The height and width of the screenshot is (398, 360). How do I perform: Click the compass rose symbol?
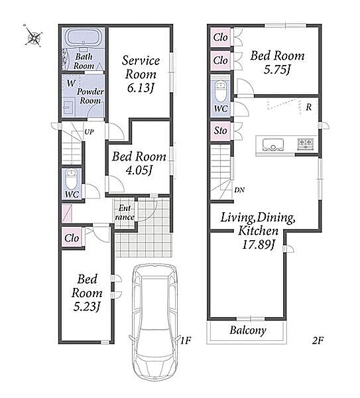(33, 36)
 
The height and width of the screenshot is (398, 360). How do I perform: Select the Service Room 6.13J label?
(141, 74)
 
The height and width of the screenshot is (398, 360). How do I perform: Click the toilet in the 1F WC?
(72, 180)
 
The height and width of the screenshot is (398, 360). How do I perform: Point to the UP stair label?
(89, 132)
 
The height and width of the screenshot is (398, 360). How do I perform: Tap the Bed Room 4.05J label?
(139, 163)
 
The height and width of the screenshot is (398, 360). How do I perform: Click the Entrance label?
(125, 213)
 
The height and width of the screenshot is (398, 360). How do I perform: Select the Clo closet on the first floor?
(72, 237)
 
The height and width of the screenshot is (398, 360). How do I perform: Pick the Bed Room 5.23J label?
(87, 293)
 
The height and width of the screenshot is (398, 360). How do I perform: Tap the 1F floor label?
(186, 340)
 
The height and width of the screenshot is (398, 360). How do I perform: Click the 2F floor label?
(318, 340)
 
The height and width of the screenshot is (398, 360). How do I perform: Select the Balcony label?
(248, 330)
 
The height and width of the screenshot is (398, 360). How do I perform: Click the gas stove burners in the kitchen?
(305, 143)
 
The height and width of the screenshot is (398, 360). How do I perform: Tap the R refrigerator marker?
(308, 107)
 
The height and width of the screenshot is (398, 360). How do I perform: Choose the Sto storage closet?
(220, 131)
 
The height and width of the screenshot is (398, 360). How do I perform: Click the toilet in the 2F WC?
(220, 91)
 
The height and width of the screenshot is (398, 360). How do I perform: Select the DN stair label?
(239, 190)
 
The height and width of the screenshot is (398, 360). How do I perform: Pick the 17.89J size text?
(259, 245)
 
